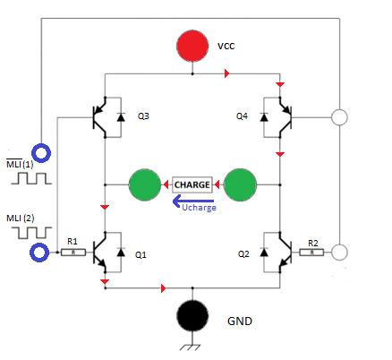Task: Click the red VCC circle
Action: tap(192, 46)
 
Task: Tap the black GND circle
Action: tap(192, 316)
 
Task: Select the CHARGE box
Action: tap(192, 184)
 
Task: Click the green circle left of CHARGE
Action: tap(144, 185)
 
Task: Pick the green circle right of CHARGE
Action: tap(240, 185)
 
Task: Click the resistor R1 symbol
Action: tap(73, 253)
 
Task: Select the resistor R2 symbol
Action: tap(313, 253)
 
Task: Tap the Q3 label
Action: tap(143, 116)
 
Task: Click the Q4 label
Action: tap(243, 116)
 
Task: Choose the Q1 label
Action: tap(141, 254)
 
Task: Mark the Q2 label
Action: tap(243, 254)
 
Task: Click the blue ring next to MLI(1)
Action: tap(39, 154)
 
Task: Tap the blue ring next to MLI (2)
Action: tap(39, 253)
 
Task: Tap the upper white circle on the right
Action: tap(339, 117)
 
